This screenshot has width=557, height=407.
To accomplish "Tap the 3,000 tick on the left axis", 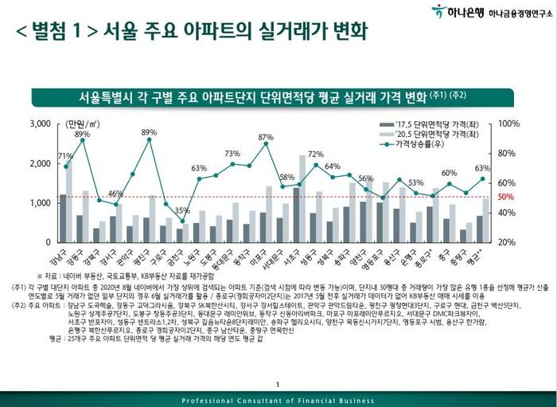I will point(37,125).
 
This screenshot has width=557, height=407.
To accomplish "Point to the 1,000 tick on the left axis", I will point(37,203).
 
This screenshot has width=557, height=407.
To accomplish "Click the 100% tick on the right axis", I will point(509,125).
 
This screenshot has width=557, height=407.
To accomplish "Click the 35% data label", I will point(182,211).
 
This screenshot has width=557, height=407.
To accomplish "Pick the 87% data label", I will point(265,138).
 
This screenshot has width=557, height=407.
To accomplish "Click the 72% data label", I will point(316,154).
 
